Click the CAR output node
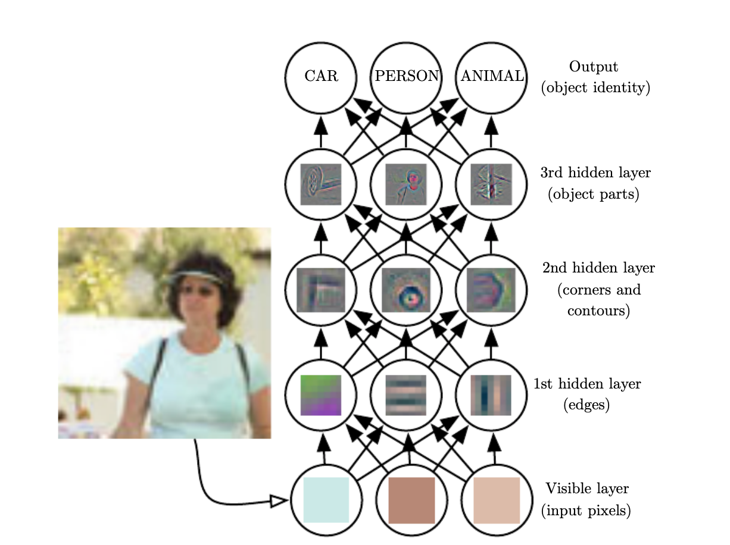coord(320,77)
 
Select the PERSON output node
coord(406,77)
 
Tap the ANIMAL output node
coord(491,77)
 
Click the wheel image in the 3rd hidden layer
coord(320,184)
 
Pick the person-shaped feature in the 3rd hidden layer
coord(406,184)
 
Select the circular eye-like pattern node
coord(406,290)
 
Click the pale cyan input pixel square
coord(326,500)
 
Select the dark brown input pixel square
coord(411,500)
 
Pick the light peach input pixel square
coord(497,500)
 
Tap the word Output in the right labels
coord(594,67)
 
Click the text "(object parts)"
coord(593,195)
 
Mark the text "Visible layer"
coord(587,489)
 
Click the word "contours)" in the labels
coord(598,311)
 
